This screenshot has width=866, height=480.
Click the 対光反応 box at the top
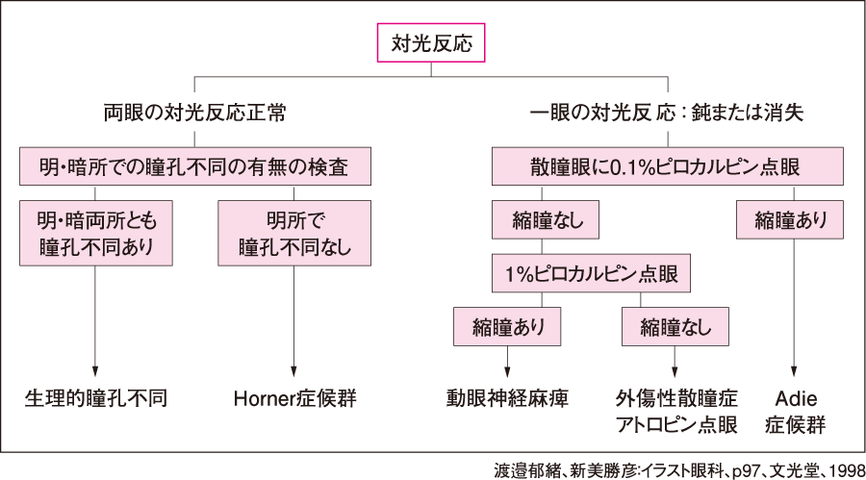(431, 43)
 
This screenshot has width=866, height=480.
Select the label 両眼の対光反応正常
(195, 113)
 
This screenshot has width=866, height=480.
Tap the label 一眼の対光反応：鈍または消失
(667, 113)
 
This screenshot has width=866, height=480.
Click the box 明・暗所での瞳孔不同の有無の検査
(195, 167)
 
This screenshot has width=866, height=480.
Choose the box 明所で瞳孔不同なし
(294, 233)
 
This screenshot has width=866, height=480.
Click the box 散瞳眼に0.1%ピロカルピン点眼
(668, 167)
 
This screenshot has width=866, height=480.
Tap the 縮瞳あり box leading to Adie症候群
(792, 220)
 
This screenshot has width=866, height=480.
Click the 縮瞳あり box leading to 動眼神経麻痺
(507, 327)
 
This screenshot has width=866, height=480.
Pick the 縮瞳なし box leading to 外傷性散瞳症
(675, 327)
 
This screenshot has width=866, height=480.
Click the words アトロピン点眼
(675, 424)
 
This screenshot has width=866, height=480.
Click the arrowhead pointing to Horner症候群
(294, 368)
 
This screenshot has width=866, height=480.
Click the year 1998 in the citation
(841, 468)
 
